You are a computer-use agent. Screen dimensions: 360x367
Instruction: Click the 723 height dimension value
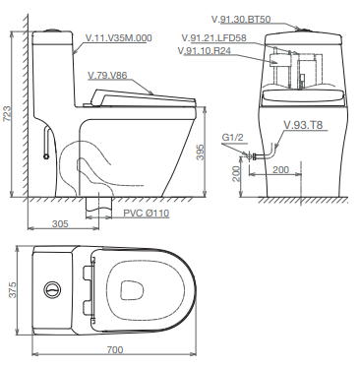pos(7,113)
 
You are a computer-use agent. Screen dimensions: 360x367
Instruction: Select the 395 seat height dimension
pos(200,152)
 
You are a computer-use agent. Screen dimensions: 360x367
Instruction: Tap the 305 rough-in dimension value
pos(60,223)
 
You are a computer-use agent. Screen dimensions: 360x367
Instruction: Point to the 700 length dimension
pos(115,350)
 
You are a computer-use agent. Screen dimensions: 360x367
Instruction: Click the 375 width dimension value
pos(12,289)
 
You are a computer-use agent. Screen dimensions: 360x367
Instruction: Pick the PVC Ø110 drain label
pos(147,214)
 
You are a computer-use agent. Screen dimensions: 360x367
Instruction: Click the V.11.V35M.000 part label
pos(119,38)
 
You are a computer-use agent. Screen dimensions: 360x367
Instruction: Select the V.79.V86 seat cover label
pos(107,76)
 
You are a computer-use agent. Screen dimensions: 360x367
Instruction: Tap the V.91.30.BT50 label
pos(241,20)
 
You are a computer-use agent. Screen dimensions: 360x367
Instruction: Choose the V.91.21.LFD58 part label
pos(213,38)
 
